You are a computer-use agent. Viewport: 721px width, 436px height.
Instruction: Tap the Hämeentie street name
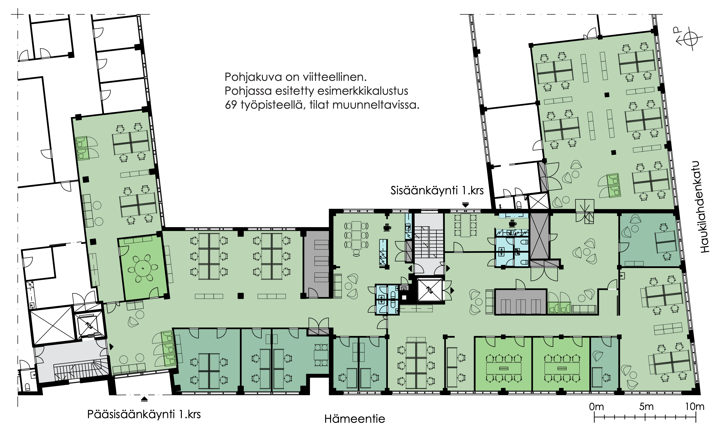pyautogui.click(x=355, y=419)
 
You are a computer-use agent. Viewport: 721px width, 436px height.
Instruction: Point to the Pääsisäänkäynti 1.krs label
pyautogui.click(x=144, y=414)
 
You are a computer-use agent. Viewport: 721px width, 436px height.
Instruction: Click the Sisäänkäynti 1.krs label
pyautogui.click(x=437, y=191)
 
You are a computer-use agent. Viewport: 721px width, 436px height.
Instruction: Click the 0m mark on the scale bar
pyautogui.click(x=596, y=407)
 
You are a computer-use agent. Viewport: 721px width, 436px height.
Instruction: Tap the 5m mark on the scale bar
pyautogui.click(x=646, y=407)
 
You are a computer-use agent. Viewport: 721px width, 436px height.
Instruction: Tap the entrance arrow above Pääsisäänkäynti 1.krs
pyautogui.click(x=144, y=399)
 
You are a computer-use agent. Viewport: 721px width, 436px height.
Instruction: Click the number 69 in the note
pyautogui.click(x=231, y=105)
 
